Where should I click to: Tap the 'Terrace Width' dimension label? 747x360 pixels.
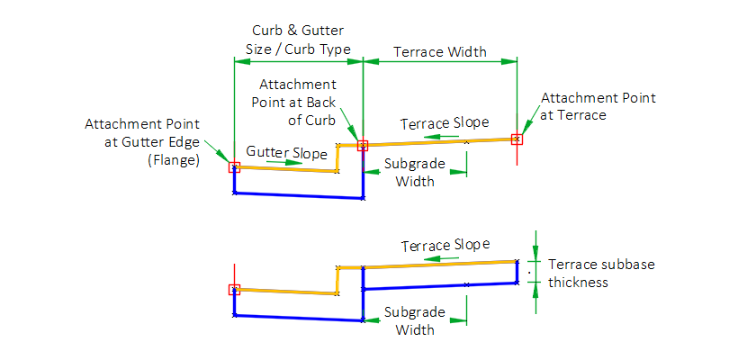pyautogui.click(x=441, y=51)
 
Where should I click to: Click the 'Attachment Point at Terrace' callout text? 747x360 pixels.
pyautogui.click(x=598, y=106)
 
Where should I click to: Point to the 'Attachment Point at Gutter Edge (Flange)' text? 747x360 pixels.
pyautogui.click(x=142, y=141)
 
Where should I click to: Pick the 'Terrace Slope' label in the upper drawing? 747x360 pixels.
pyautogui.click(x=445, y=122)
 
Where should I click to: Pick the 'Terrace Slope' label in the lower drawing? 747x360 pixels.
pyautogui.click(x=445, y=245)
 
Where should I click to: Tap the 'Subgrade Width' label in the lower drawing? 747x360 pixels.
pyautogui.click(x=415, y=320)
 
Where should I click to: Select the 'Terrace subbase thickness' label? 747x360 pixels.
pyautogui.click(x=601, y=273)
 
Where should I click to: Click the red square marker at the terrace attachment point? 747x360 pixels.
pyautogui.click(x=517, y=139)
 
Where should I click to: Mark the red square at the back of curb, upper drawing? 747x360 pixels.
pyautogui.click(x=363, y=144)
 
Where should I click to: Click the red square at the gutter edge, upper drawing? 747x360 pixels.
pyautogui.click(x=234, y=166)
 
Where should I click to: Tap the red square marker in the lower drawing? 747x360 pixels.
pyautogui.click(x=234, y=289)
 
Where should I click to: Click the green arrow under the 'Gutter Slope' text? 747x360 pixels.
pyautogui.click(x=291, y=163)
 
